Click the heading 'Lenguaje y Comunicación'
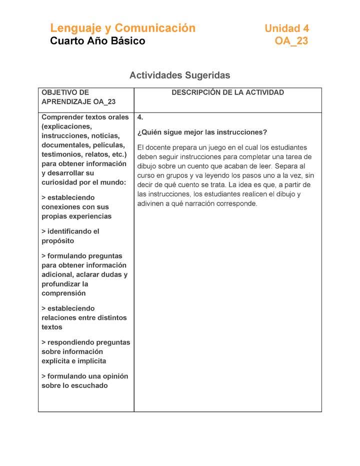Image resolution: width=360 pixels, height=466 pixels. click(x=122, y=28)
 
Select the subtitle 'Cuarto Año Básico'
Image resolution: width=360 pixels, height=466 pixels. click(x=97, y=41)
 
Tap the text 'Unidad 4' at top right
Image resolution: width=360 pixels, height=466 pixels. click(x=286, y=28)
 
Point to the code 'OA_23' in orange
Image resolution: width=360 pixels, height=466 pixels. click(x=291, y=41)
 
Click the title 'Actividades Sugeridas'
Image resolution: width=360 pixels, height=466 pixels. click(x=179, y=75)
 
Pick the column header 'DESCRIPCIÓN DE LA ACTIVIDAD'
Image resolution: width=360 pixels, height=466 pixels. click(x=227, y=92)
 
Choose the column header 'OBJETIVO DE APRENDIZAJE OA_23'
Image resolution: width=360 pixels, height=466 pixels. click(x=78, y=97)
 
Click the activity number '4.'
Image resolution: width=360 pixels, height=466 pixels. click(x=140, y=117)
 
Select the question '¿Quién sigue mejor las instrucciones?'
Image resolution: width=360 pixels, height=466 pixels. click(x=202, y=132)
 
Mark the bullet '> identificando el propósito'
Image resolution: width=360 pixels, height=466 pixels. click(x=70, y=236)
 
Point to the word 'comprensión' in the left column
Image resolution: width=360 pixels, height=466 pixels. click(x=63, y=293)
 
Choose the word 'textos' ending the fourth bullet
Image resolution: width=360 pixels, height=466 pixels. click(x=52, y=327)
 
